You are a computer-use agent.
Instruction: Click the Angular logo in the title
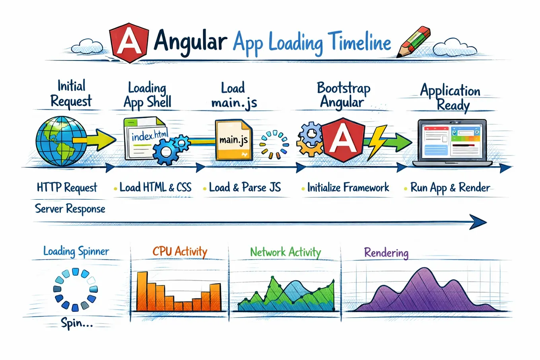click(129, 43)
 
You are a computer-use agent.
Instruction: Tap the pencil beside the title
click(413, 42)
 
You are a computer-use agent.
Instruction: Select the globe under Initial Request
click(61, 141)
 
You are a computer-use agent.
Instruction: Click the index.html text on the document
click(150, 136)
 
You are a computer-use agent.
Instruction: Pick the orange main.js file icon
click(233, 140)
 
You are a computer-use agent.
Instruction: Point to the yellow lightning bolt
click(377, 142)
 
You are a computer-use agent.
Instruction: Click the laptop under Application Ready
click(452, 143)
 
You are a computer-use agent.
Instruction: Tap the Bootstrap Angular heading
click(343, 95)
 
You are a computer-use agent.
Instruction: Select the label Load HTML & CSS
click(155, 187)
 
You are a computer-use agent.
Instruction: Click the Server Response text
click(70, 209)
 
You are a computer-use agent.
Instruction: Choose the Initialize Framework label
click(348, 187)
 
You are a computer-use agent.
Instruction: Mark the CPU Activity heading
click(180, 251)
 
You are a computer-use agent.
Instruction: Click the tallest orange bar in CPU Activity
click(142, 291)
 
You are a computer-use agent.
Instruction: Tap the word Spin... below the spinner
click(77, 323)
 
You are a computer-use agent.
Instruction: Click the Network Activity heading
click(286, 252)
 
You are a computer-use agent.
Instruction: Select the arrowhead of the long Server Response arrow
click(478, 222)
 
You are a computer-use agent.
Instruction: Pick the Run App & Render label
click(450, 188)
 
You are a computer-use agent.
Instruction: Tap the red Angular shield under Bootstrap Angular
click(343, 140)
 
